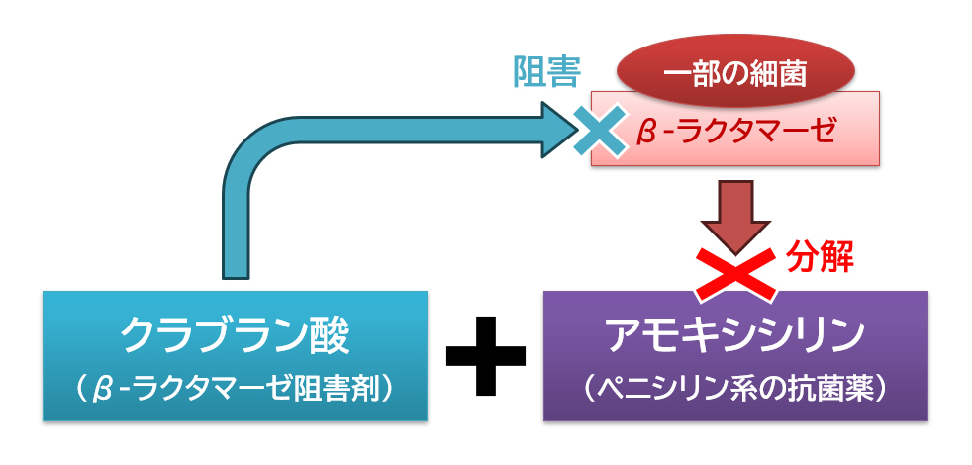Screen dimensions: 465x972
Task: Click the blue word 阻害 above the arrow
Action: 545,71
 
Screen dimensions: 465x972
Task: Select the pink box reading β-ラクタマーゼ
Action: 734,130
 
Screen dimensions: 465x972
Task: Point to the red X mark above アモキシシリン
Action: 734,272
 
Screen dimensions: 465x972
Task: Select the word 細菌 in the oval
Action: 783,72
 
